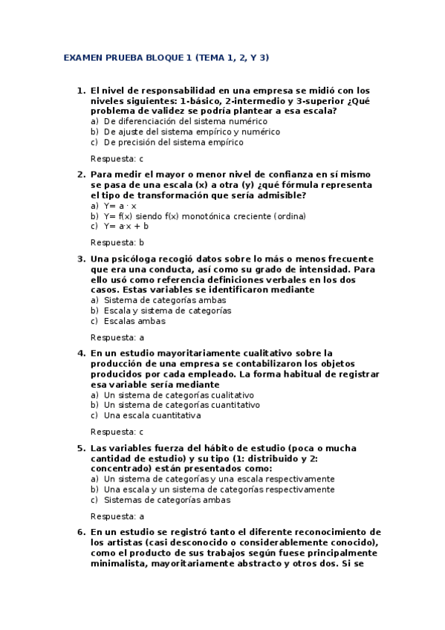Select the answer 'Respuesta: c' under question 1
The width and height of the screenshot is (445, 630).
[x=117, y=158]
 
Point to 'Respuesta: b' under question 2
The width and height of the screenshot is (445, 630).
[x=117, y=242]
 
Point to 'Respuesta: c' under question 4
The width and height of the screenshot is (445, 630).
[x=117, y=432]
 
